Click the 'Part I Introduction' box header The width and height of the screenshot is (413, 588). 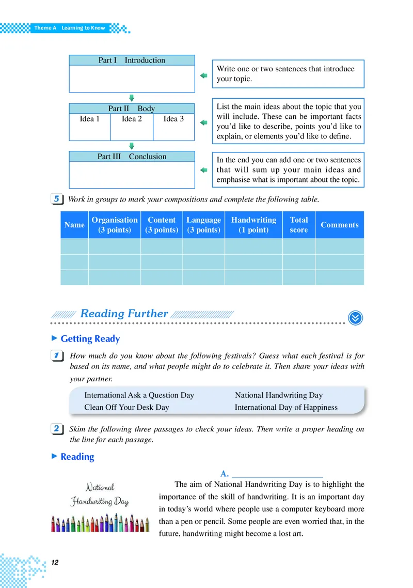pos(132,60)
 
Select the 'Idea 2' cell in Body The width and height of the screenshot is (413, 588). pos(132,119)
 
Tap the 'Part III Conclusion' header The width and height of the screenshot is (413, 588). pos(132,157)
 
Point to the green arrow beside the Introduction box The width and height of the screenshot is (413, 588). pos(203,76)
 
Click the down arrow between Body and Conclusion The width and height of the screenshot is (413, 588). pos(132,146)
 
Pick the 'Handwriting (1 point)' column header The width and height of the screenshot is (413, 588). pos(253,225)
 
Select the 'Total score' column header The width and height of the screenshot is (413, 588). pos(298,225)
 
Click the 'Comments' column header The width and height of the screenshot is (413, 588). pos(339,225)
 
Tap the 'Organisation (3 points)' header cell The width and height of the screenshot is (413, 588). pos(115,225)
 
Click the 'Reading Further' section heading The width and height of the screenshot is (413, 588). pos(124,314)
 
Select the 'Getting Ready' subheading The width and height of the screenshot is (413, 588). pos(90,339)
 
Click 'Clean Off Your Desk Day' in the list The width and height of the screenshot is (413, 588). pos(126,407)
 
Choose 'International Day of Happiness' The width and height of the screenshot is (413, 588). pos(286,407)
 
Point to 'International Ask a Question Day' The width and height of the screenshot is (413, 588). pos(139,395)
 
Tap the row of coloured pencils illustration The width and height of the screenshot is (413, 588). pos(100,522)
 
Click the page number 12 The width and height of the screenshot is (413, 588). pos(56,562)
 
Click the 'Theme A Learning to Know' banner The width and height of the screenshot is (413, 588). pos(69,28)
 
